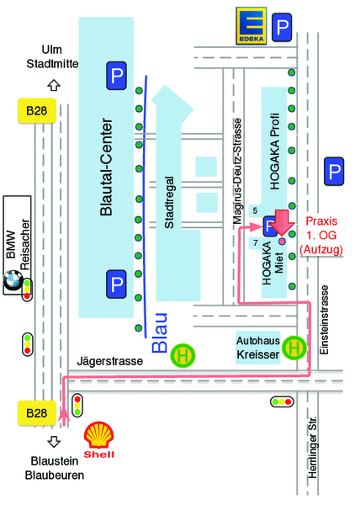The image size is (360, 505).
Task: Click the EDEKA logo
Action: pyautogui.click(x=251, y=26)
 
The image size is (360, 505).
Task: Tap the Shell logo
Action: pyautogui.click(x=99, y=439)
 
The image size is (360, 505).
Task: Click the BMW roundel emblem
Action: pyautogui.click(x=13, y=279)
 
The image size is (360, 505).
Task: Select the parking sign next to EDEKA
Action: pyautogui.click(x=282, y=27)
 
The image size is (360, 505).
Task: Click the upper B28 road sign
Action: pyautogui.click(x=37, y=111)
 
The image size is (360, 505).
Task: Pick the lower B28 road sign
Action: pyautogui.click(x=37, y=413)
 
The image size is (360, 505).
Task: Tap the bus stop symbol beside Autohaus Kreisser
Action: pyautogui.click(x=294, y=348)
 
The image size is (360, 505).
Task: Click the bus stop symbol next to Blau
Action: pyautogui.click(x=183, y=356)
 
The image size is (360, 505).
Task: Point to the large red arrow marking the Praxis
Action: pyautogui.click(x=282, y=222)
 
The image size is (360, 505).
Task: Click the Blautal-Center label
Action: pyautogui.click(x=107, y=167)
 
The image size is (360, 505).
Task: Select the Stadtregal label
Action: pyautogui.click(x=170, y=203)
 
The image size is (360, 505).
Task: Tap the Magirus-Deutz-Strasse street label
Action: pyautogui.click(x=237, y=171)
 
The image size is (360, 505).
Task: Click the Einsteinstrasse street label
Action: pyautogui.click(x=325, y=320)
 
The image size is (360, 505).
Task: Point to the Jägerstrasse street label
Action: pyautogui.click(x=110, y=361)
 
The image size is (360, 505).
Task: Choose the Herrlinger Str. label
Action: pyautogui.click(x=312, y=448)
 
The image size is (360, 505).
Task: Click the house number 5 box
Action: pyautogui.click(x=256, y=211)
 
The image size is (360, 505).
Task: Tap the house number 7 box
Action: pyautogui.click(x=256, y=243)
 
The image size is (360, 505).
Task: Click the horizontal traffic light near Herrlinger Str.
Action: pyautogui.click(x=282, y=401)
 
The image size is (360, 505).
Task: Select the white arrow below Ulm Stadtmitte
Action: pyautogui.click(x=54, y=85)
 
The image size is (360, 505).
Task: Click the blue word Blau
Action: pyautogui.click(x=160, y=332)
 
